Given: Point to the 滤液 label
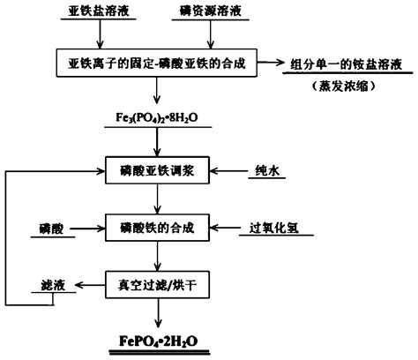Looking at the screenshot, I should pyautogui.click(x=51, y=284).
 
